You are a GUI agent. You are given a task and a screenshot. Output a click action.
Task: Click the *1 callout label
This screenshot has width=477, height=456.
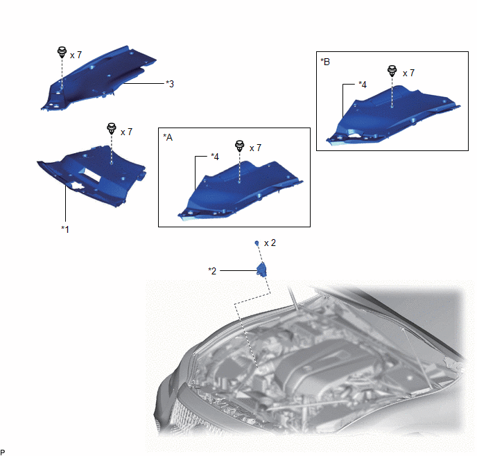(x=65, y=229)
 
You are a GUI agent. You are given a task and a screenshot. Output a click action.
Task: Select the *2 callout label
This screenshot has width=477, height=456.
(x=212, y=270)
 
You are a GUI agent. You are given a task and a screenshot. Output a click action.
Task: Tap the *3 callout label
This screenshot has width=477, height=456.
(x=170, y=84)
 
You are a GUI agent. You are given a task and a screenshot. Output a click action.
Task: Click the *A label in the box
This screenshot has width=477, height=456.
(x=168, y=137)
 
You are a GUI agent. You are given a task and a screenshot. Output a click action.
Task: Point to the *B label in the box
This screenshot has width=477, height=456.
(x=325, y=62)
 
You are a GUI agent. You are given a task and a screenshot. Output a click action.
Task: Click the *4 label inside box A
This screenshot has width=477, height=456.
(x=215, y=157)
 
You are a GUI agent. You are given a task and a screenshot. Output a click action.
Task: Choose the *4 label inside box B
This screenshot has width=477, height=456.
(x=363, y=85)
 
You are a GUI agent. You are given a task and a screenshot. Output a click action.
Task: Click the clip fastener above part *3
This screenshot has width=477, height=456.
(x=62, y=52)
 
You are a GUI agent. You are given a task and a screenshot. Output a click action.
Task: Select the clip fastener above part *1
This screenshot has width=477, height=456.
(x=112, y=129)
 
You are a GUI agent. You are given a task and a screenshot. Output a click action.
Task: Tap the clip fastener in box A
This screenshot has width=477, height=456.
(x=240, y=146)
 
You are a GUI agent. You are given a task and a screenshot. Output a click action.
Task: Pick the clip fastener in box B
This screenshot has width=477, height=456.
(x=392, y=71)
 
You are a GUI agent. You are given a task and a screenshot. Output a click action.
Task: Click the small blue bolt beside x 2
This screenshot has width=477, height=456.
(x=257, y=243)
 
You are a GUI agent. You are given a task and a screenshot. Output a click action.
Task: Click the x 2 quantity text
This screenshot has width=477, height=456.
(x=270, y=243)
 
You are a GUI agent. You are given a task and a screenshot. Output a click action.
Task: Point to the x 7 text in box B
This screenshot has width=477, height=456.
(x=408, y=73)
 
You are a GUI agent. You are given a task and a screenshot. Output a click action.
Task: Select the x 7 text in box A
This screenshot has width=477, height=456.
(x=255, y=148)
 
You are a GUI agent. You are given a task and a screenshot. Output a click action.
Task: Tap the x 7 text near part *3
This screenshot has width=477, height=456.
(x=76, y=55)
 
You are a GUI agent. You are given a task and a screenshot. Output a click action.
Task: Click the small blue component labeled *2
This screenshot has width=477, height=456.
(x=261, y=270)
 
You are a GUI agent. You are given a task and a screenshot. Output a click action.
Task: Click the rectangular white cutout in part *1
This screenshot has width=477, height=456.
(x=92, y=175)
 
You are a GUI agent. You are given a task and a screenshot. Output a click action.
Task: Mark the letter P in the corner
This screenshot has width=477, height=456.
(x=3, y=453)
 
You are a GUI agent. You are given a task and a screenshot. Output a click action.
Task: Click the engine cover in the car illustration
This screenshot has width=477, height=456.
(x=329, y=365)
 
